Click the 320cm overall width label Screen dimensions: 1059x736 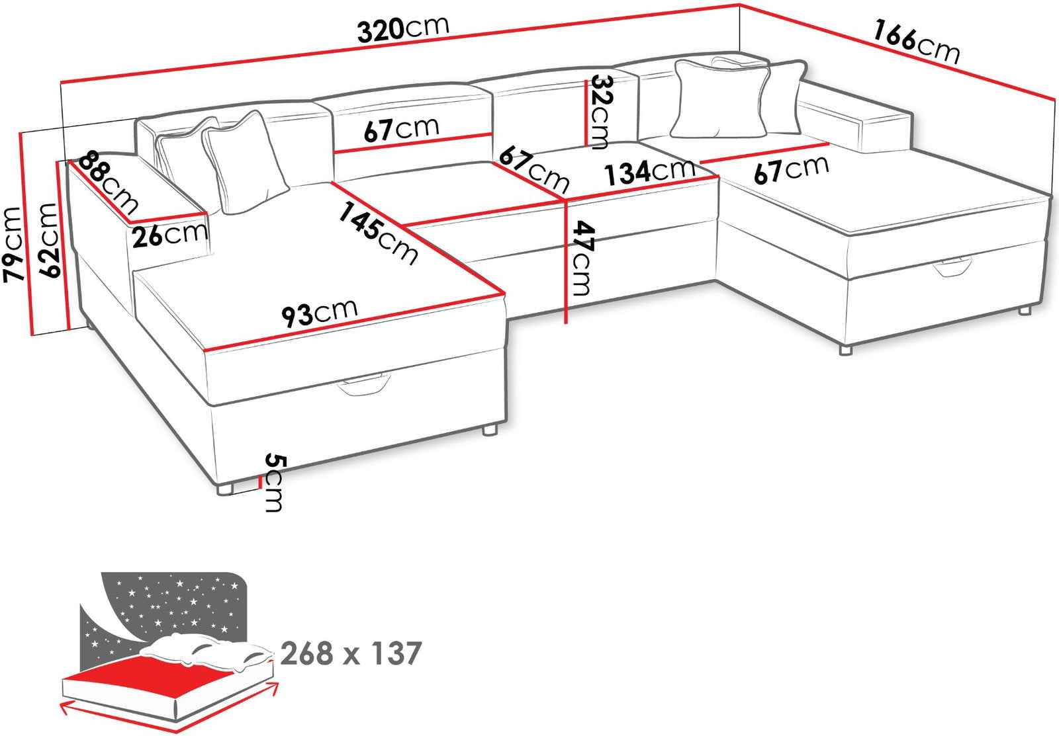pos(403,29)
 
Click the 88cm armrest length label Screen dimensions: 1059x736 pos(109,183)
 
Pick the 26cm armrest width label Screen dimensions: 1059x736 pos(169,235)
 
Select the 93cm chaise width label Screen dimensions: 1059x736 pos(320,313)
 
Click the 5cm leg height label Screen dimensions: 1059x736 pos(274,482)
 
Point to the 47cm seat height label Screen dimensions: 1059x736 pos(581,258)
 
